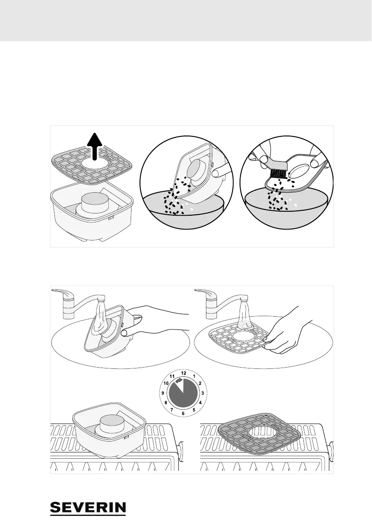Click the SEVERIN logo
pyautogui.click(x=88, y=508)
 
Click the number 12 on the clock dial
pyautogui.click(x=183, y=372)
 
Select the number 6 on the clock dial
pyautogui.click(x=183, y=413)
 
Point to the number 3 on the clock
pyautogui.click(x=202, y=393)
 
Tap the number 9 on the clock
pyautogui.click(x=163, y=393)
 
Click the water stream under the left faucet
pyautogui.click(x=101, y=310)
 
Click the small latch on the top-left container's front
pyautogui.click(x=111, y=218)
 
